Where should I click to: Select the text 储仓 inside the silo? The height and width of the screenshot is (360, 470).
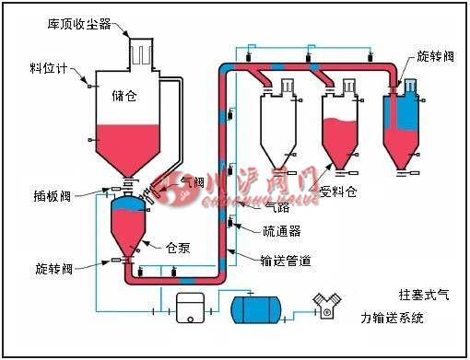coord(123,94)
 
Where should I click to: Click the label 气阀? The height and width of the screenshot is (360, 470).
coord(193,183)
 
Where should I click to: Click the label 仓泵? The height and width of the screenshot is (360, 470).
coord(177,247)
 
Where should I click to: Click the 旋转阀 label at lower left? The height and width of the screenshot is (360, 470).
coord(48,268)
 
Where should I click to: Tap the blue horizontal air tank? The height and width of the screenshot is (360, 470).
coord(259,308)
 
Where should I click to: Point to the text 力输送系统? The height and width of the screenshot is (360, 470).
coord(393,319)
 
